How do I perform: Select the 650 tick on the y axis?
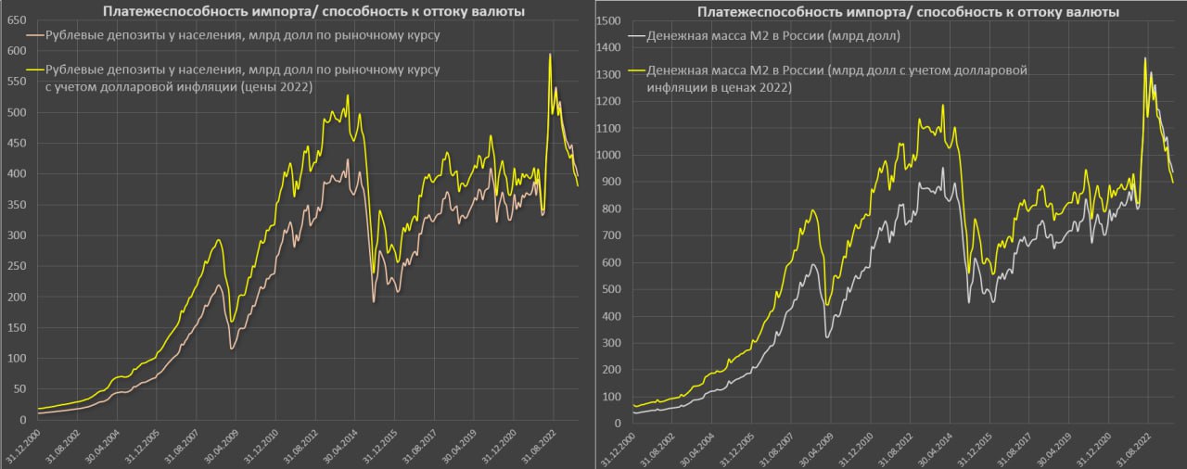tap(16, 20)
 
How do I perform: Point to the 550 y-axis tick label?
tap(16, 82)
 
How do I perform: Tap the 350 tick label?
tap(16, 205)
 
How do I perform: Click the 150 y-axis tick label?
tap(16, 328)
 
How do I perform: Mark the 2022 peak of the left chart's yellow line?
tap(550, 54)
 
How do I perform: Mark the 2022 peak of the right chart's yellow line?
tap(1144, 58)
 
